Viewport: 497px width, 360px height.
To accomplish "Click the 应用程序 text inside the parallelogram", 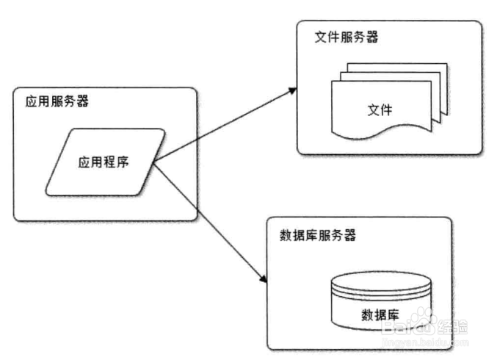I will point(104,162).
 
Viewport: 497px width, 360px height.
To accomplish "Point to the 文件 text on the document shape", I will point(380,110).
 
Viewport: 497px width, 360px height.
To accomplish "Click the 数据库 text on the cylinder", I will point(380,314).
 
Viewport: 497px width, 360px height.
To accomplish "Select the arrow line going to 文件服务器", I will point(220,126).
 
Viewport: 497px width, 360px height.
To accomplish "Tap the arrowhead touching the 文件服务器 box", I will point(291,90).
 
